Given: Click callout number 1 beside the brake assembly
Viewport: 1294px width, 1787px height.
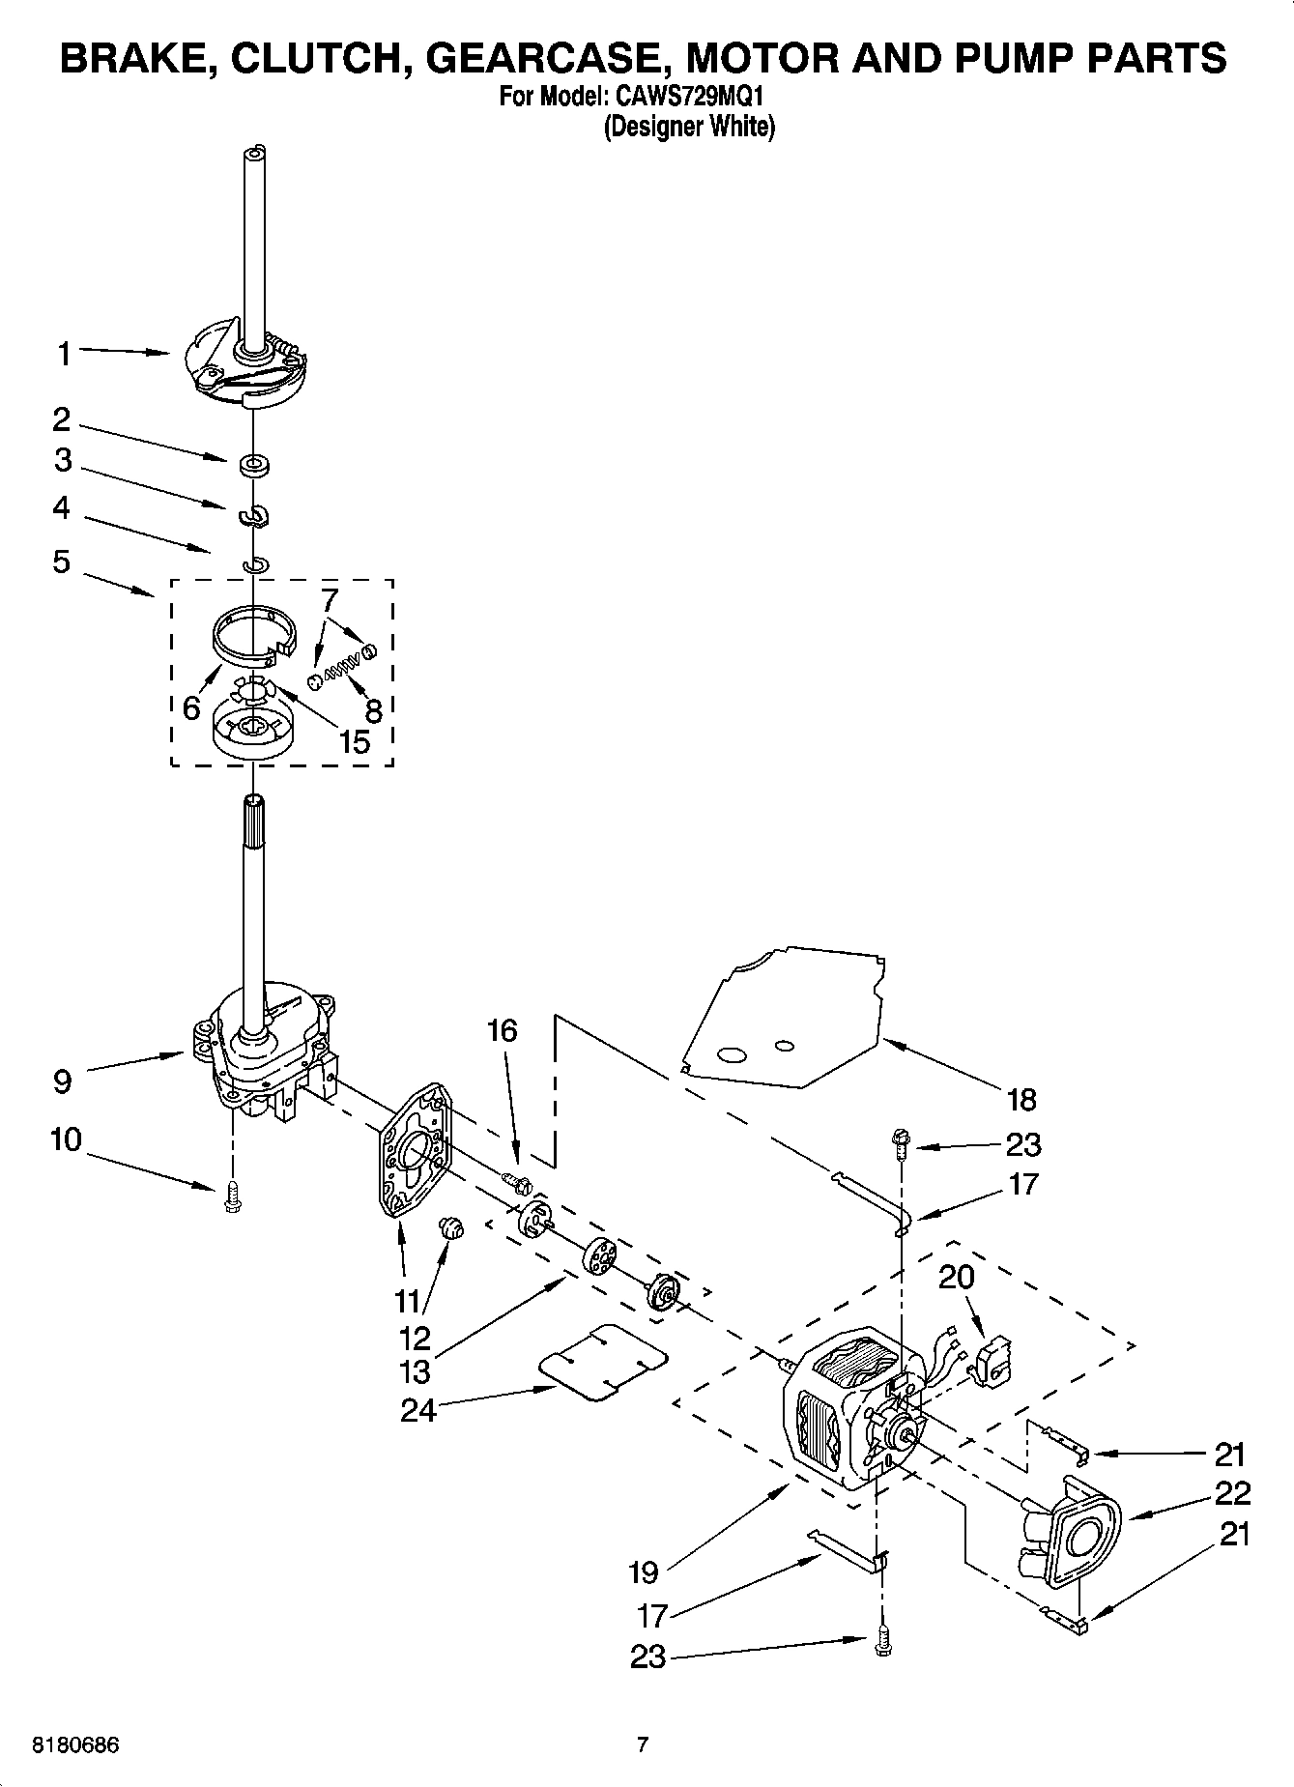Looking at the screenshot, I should (x=64, y=355).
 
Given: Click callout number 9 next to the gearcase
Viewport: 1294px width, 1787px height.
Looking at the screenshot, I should (x=63, y=1081).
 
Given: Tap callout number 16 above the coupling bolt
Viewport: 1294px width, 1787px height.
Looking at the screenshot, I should (x=502, y=1031).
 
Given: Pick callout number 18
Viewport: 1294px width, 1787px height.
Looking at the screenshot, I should (x=1021, y=1099).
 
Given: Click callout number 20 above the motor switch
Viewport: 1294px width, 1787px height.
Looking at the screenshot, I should (x=957, y=1278).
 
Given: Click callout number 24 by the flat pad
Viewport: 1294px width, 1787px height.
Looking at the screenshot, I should (x=418, y=1410).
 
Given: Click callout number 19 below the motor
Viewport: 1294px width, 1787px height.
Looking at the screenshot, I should (x=643, y=1572).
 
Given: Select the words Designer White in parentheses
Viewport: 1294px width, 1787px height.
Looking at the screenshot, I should (x=689, y=127).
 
